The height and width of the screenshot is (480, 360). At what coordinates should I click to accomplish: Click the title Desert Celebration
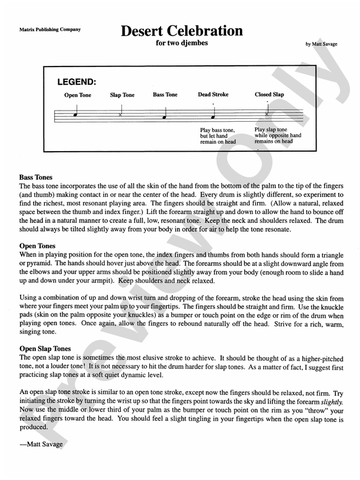tap(182, 31)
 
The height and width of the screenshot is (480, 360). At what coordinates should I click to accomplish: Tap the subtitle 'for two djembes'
tap(182, 43)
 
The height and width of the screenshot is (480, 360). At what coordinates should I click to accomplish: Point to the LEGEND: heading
tap(76, 82)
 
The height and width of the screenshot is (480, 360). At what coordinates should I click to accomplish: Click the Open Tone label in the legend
tap(78, 95)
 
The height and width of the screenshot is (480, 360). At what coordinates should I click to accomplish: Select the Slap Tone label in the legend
tap(122, 95)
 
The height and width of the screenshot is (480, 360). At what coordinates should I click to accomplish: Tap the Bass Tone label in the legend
tap(165, 94)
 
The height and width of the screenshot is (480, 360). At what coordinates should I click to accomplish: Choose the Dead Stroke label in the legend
tap(213, 94)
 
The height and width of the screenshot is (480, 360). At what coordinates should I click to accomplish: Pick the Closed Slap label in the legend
tap(269, 94)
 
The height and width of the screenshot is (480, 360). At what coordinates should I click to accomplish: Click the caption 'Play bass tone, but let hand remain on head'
tap(218, 136)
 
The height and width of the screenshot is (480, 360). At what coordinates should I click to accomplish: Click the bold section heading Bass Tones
tap(36, 176)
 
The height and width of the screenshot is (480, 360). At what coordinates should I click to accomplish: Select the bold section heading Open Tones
tap(37, 245)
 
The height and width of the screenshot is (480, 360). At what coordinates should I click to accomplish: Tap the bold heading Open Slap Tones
tap(45, 348)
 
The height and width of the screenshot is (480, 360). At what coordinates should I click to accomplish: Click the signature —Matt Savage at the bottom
tap(41, 444)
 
